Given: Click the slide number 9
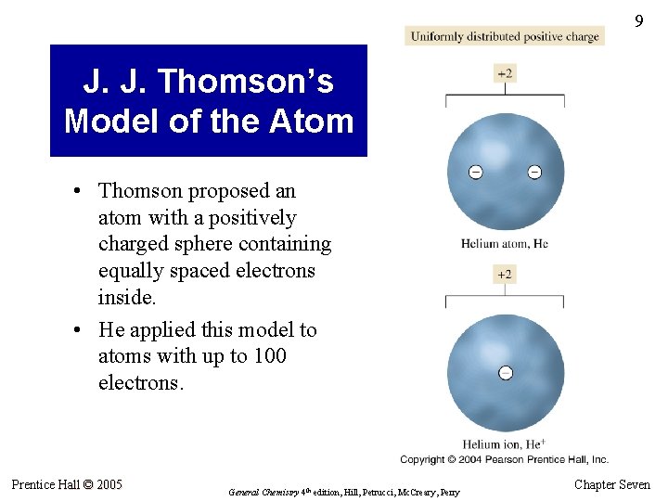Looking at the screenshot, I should pos(638,21).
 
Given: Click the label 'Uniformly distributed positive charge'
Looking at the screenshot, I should pos(505,36).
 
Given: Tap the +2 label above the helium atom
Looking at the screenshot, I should pos(505,73).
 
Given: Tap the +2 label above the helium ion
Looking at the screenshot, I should pos(505,274).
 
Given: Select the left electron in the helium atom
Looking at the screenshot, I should pos(475,172).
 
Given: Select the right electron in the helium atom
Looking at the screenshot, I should pos(534,172).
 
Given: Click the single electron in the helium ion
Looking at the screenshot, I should pos(505,373).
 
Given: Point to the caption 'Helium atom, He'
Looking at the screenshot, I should pos(505,244).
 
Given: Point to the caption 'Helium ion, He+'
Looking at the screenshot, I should pos(505,444).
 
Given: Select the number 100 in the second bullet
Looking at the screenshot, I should pos(268,356).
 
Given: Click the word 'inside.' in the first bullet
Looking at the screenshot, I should pos(128,297).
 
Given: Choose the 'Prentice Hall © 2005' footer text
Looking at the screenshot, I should pos(67,483).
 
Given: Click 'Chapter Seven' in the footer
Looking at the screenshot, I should pos(612,484).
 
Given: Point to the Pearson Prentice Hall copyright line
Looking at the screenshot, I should pos(505,459).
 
